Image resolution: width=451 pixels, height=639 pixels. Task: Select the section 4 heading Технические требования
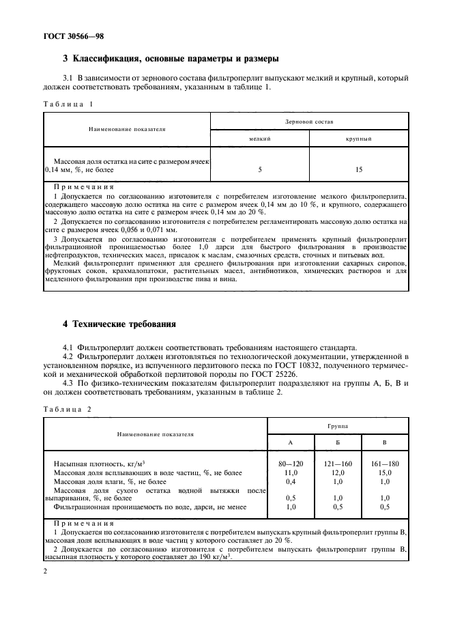(x=119, y=325)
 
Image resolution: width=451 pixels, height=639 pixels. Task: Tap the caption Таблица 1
(x=68, y=104)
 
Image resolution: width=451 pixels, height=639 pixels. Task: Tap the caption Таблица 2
(x=68, y=409)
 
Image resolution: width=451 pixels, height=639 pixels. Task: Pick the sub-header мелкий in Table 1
(x=260, y=138)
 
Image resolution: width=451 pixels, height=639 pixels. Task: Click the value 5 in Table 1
(x=260, y=169)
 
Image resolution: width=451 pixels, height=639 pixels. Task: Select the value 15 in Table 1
(x=359, y=169)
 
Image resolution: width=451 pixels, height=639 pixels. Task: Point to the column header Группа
(x=337, y=425)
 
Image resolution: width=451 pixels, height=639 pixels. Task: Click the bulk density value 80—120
(x=290, y=464)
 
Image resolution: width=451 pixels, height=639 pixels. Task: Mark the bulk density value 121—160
(x=338, y=464)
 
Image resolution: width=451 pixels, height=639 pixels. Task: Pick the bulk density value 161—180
(x=385, y=464)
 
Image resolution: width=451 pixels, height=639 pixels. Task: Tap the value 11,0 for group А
(x=290, y=472)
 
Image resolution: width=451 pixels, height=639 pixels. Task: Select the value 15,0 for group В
(x=385, y=472)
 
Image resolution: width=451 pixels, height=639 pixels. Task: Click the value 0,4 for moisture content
(x=290, y=481)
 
